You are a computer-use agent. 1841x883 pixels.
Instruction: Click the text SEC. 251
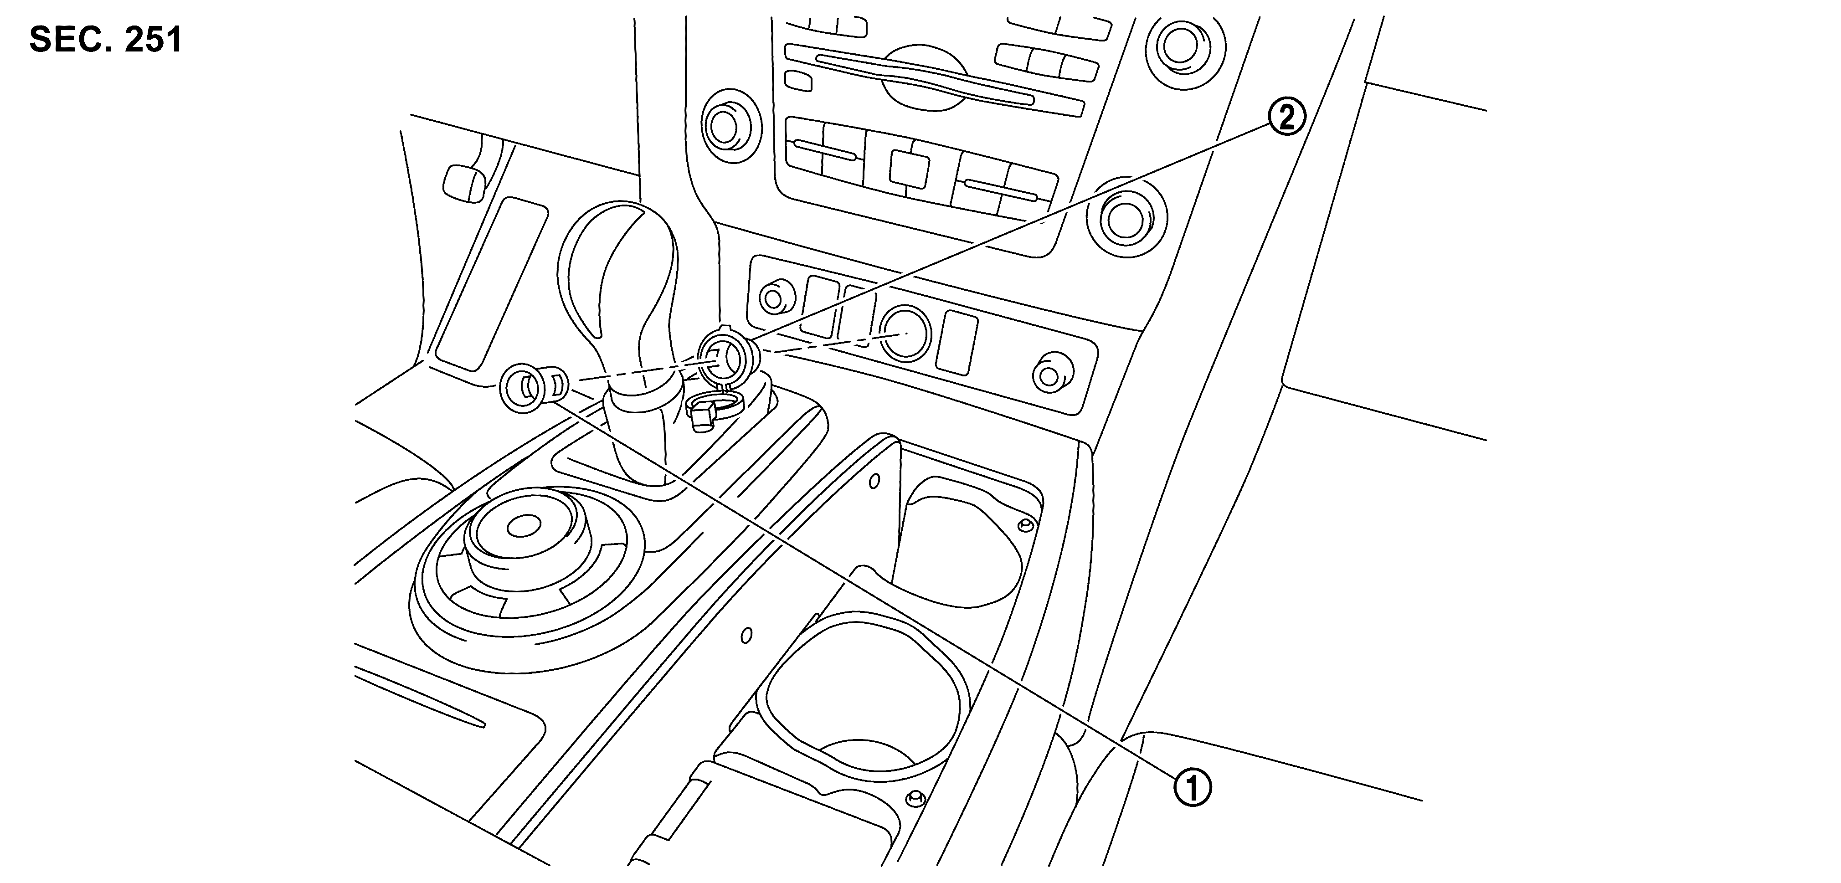106,41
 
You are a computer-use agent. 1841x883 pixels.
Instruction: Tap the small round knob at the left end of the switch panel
772,298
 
